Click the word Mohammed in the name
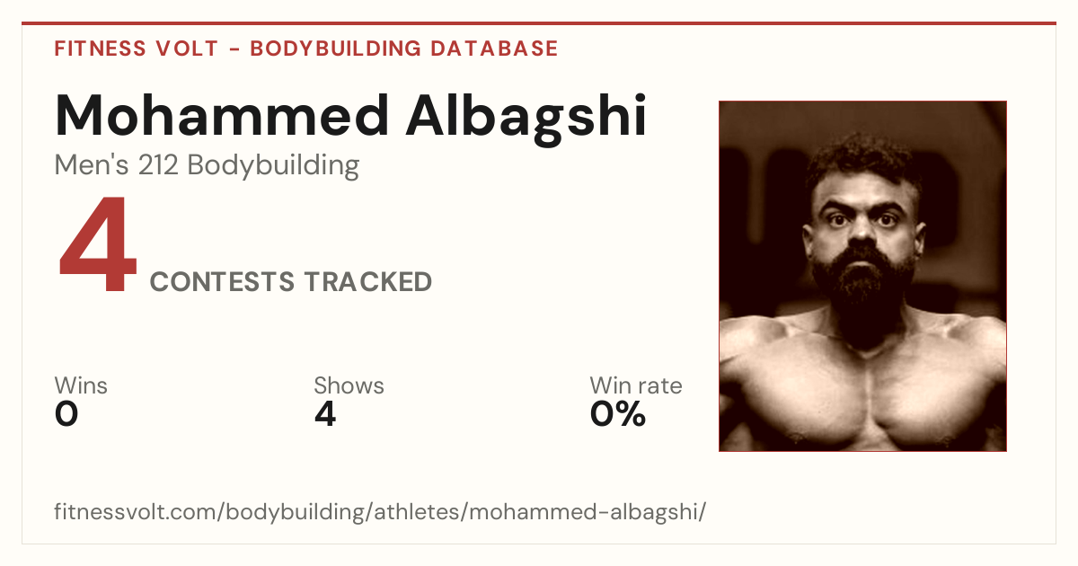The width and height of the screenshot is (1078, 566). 222,116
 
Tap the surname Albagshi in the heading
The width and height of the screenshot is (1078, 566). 526,119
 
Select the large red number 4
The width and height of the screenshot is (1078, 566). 98,243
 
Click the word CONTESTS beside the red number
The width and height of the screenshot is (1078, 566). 222,281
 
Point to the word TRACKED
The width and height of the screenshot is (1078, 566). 368,281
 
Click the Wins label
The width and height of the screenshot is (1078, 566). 81,385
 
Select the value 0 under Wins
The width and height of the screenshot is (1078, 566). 66,414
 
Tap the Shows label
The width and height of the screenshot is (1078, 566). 349,385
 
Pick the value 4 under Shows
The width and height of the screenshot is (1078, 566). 325,414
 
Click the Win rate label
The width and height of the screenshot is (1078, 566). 636,385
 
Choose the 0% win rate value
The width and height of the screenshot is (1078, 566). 618,414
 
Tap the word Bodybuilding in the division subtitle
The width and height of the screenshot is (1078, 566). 273,166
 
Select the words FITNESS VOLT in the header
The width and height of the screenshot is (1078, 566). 137,49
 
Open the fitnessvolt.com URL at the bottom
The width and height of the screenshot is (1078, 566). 380,512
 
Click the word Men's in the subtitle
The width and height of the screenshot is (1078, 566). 92,165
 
